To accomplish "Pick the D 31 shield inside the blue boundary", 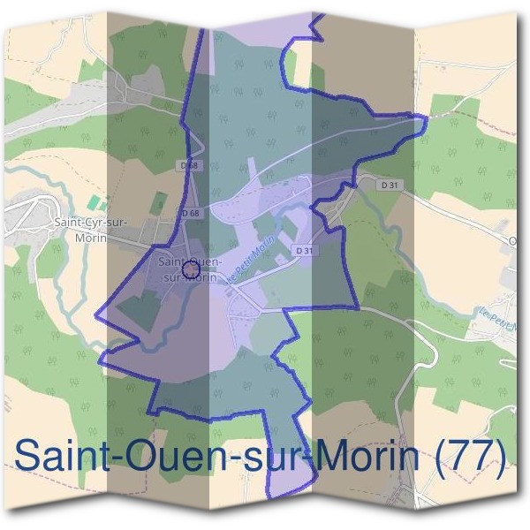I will coord(305,251).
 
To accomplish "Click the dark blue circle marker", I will coord(188,268).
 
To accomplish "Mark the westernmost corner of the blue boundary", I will coord(95,313).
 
